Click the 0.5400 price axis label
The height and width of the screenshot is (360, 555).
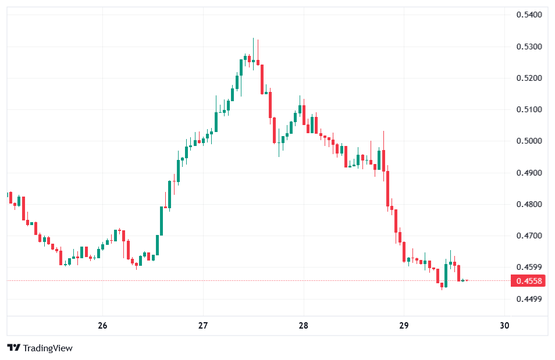point(529,15)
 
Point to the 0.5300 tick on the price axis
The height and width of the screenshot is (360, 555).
point(529,47)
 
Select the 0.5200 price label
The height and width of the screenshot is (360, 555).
point(529,78)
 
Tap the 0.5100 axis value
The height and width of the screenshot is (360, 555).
point(529,109)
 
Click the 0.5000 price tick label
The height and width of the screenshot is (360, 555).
point(529,141)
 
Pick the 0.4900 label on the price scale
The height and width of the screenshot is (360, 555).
point(529,173)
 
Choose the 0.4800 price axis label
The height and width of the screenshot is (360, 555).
point(529,205)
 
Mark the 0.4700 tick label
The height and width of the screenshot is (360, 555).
point(529,236)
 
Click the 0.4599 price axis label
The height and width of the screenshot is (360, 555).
point(529,268)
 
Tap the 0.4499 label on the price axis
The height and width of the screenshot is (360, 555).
point(529,300)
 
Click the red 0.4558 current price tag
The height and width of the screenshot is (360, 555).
point(529,281)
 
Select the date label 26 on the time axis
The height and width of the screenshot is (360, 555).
point(102,326)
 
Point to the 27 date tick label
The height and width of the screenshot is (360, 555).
point(203,326)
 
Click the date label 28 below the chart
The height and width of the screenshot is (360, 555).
point(303,326)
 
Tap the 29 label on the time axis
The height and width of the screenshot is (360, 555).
point(404,326)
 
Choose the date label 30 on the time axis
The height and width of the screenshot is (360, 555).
point(504,326)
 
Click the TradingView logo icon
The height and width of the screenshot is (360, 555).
point(14,348)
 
